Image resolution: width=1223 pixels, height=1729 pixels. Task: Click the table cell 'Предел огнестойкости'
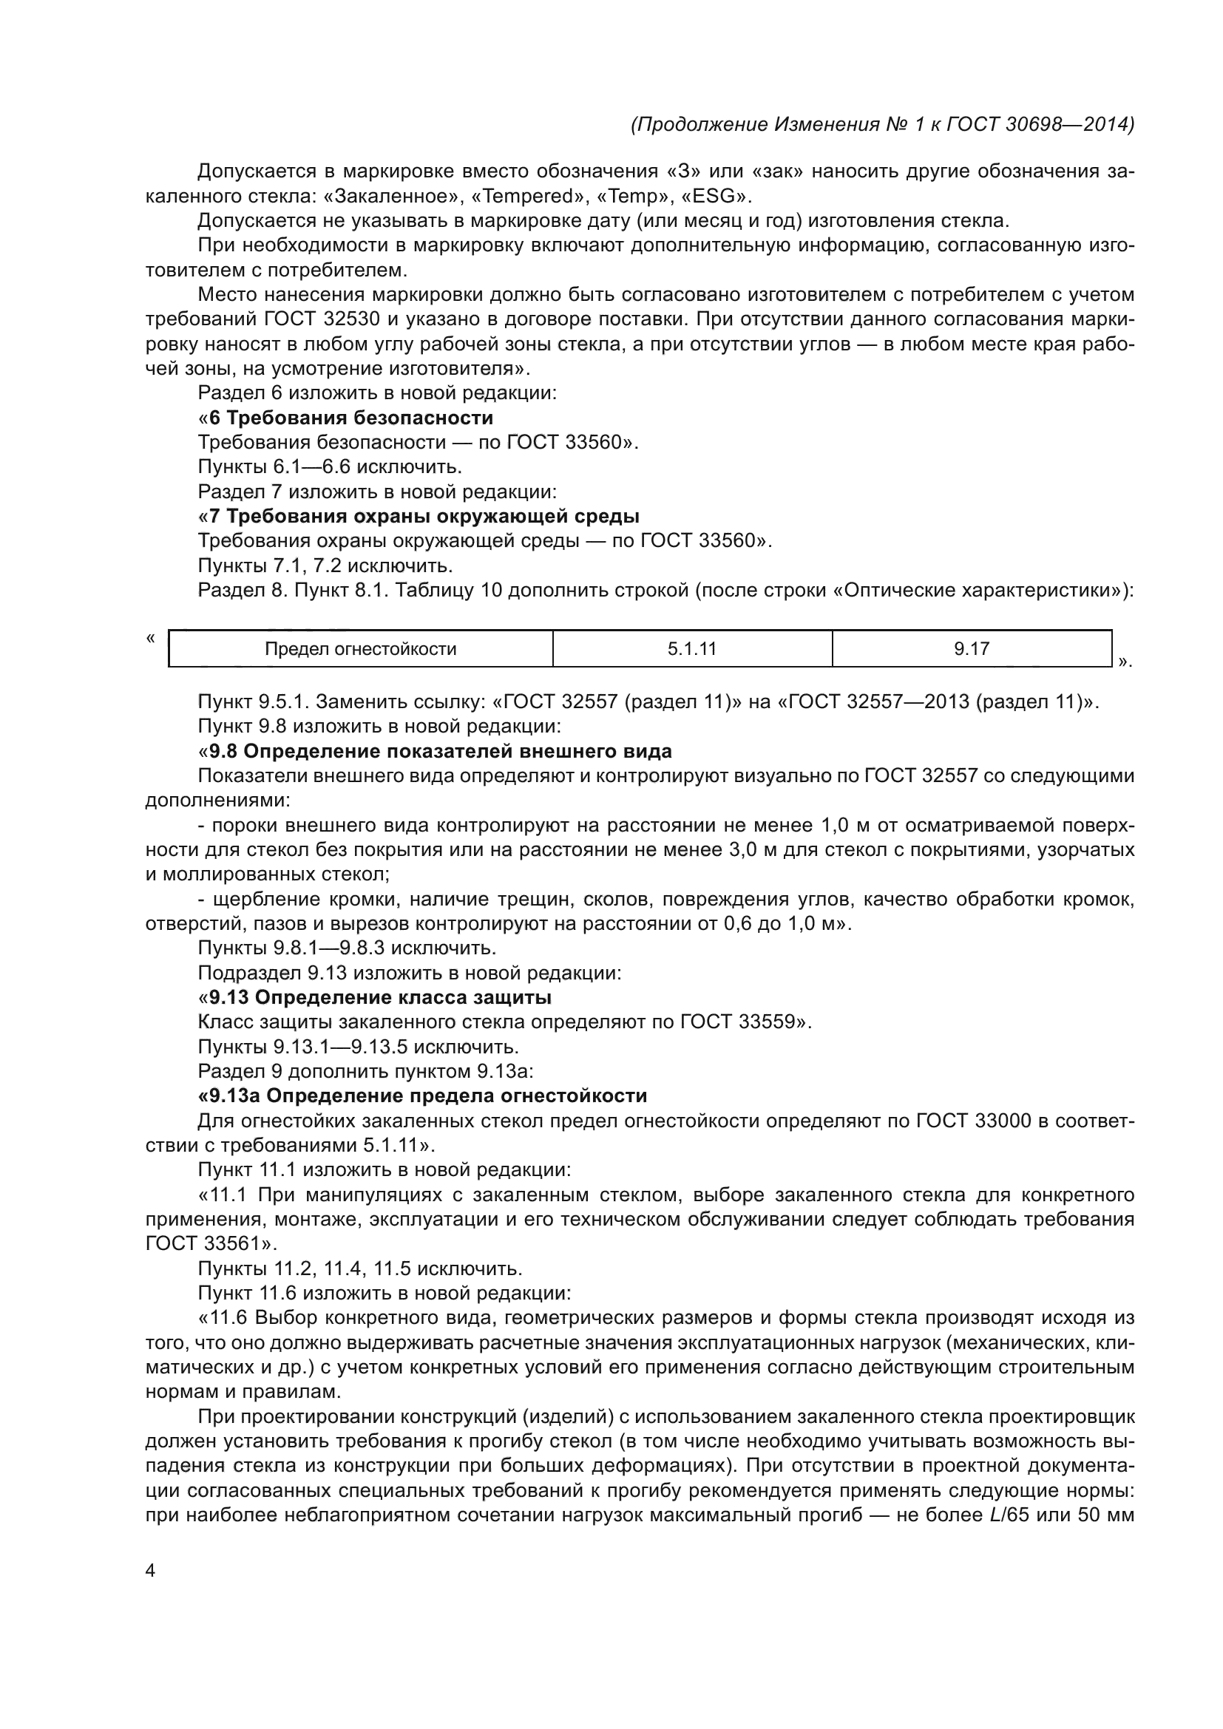pyautogui.click(x=360, y=649)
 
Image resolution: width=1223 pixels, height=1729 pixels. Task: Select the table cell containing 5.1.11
pyautogui.click(x=691, y=649)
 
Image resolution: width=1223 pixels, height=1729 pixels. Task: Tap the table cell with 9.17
pyautogui.click(x=972, y=649)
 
